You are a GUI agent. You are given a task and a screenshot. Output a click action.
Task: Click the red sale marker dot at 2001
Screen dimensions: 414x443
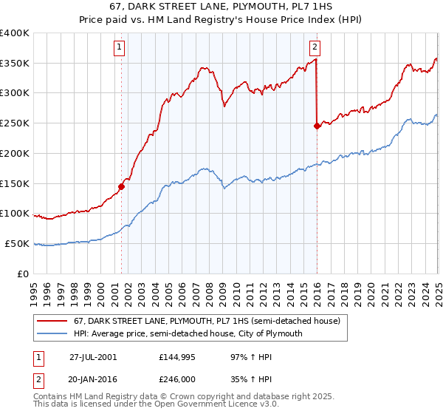pyautogui.click(x=122, y=186)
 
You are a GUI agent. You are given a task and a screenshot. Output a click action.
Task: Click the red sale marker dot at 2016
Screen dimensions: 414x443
pyautogui.click(x=317, y=126)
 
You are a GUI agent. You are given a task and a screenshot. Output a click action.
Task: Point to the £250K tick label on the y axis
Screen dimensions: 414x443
pyautogui.click(x=15, y=123)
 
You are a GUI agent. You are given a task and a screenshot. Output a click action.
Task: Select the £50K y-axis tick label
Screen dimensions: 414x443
pyautogui.click(x=16, y=244)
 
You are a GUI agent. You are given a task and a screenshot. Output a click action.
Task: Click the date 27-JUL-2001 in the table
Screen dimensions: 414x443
pyautogui.click(x=93, y=356)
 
